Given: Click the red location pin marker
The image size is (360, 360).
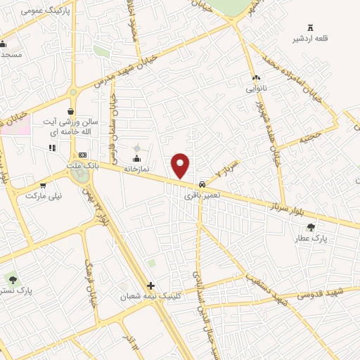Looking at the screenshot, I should coord(181,165).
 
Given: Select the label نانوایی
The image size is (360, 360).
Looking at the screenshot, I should coord(255,89).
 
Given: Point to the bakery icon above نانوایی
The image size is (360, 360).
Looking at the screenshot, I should coord(255,78).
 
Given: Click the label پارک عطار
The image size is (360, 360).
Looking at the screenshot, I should coord(311,238).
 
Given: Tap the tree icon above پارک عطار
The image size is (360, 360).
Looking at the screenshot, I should coord(311,226).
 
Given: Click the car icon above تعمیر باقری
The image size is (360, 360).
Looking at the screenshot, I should coord(202,183).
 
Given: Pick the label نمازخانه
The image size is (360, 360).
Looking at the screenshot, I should coord(136,169).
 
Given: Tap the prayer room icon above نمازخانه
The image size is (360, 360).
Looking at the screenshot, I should coord(136,158).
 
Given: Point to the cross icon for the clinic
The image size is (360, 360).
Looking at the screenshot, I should coord(150,285).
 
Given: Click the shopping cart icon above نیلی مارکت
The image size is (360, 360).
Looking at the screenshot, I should coord(44,186).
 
